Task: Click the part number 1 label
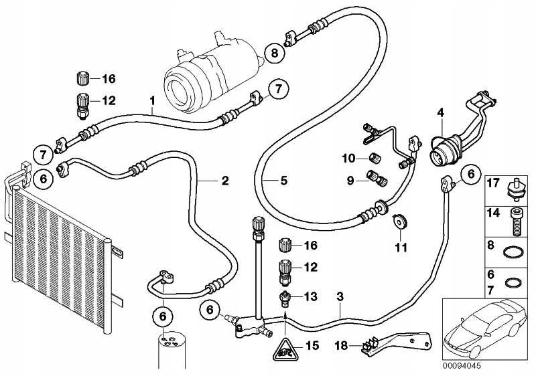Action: tap(153, 101)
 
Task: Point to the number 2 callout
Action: tap(225, 180)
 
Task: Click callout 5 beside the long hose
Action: tap(284, 180)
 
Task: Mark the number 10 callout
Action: tap(348, 159)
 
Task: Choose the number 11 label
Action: tap(400, 248)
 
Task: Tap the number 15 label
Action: tap(310, 346)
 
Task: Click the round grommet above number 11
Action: tap(400, 220)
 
